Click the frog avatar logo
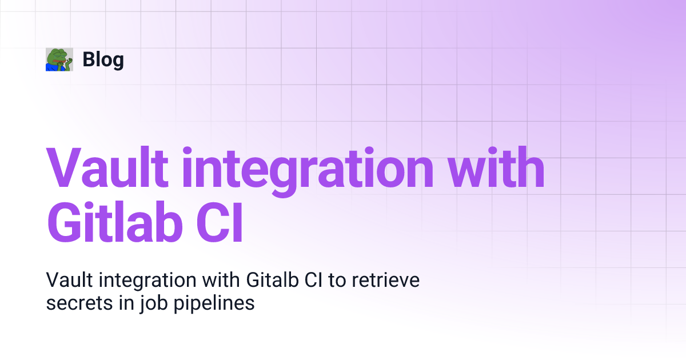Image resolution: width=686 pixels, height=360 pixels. [x=59, y=59]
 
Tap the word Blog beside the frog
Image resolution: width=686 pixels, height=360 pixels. [x=103, y=59]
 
